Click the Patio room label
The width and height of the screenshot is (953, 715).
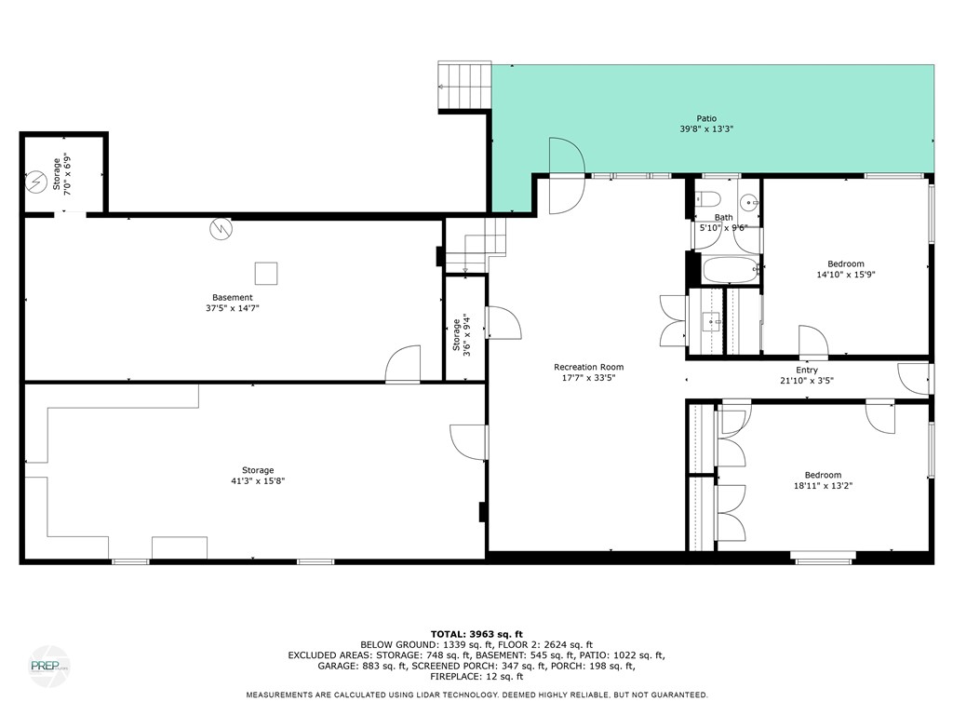coord(697,118)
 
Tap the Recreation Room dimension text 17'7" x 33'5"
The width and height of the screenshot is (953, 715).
coord(588,378)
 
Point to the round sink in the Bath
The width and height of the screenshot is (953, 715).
coord(747,202)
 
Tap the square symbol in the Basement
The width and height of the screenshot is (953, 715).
coord(266,273)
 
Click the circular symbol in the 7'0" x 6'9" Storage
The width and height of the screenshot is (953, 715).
coord(36,181)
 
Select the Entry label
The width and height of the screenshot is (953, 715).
coord(806,371)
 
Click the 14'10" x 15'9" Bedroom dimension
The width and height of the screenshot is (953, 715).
coord(845,275)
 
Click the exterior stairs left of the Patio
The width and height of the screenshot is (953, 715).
coord(463,86)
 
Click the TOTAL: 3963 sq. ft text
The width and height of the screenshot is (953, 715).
coord(476,634)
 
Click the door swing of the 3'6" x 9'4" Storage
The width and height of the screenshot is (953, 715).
coord(503,322)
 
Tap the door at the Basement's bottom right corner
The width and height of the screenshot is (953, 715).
coord(404,365)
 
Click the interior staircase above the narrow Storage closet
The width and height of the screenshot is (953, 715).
coord(476,244)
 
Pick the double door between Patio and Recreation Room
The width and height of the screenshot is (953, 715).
coord(566,175)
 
